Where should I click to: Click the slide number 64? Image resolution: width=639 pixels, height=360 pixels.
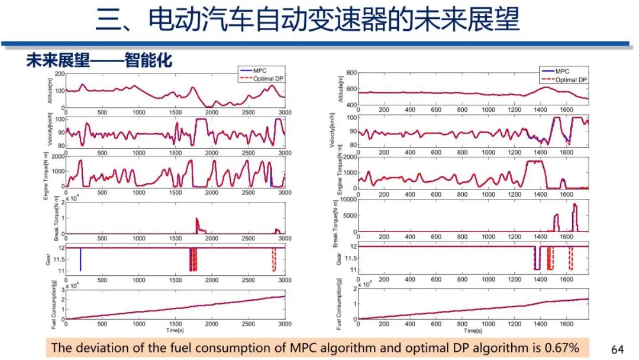[x=617, y=349]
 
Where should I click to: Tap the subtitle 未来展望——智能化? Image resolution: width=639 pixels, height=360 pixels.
[x=99, y=60]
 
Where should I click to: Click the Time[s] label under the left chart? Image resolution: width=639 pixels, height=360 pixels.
[x=175, y=330]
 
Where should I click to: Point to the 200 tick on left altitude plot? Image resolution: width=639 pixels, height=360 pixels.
[x=59, y=73]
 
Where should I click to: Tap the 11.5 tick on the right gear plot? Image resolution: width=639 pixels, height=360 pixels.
[x=348, y=258]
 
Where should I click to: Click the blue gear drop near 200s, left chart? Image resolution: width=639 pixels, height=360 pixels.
[x=80, y=259]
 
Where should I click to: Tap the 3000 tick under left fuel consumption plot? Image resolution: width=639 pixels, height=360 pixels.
[x=285, y=324]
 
